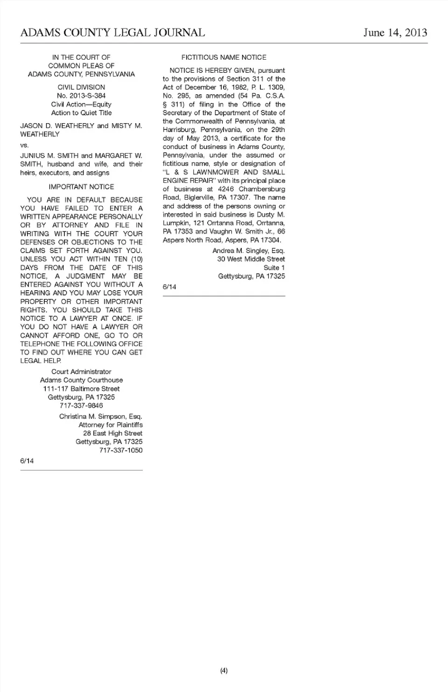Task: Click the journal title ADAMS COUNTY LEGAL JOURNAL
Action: coord(112,33)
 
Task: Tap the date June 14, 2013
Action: coord(395,33)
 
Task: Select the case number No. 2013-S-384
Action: coord(81,96)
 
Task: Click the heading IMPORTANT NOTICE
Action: coord(81,187)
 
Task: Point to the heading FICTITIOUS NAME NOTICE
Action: coord(224,57)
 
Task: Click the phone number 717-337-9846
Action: coord(81,405)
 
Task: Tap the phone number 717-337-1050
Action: coord(121,450)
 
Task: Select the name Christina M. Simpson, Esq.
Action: coord(101,416)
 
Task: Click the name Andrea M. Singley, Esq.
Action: coord(248,251)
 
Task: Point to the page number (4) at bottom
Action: coord(224,671)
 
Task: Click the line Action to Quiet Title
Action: coord(81,112)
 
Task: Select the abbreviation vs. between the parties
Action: coord(24,145)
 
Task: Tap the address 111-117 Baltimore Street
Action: coord(81,389)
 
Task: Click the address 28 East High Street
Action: coord(112,433)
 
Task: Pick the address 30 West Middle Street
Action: coord(251,259)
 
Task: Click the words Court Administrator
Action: coord(81,372)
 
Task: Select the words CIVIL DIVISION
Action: coord(81,87)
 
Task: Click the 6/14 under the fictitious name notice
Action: coord(169,287)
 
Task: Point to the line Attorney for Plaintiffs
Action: coord(111,425)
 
